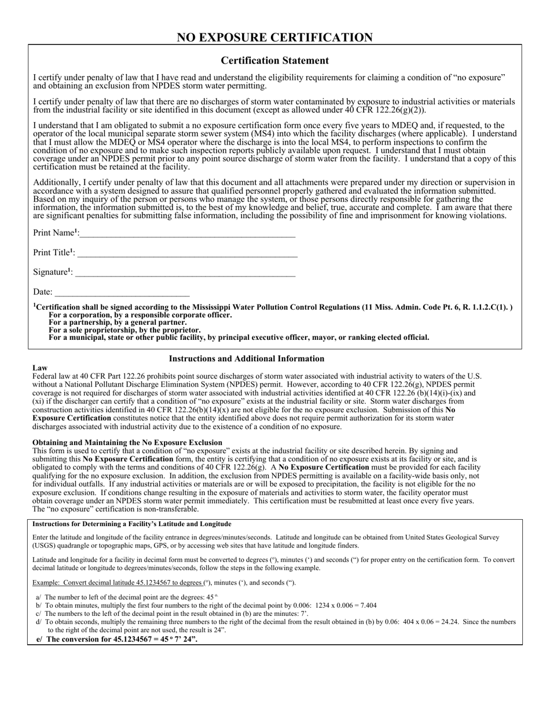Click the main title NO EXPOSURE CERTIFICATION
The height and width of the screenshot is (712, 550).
(274, 38)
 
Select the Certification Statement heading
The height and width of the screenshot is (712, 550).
(275, 61)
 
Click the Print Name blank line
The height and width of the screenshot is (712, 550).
(188, 234)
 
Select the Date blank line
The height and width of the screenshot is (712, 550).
(122, 293)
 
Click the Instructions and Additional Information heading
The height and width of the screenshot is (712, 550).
(246, 359)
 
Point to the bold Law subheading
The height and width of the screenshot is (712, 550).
(40, 368)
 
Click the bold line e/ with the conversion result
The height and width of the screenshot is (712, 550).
(116, 640)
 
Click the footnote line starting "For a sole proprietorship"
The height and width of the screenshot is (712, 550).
(124, 330)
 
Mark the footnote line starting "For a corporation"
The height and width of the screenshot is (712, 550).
(140, 315)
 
